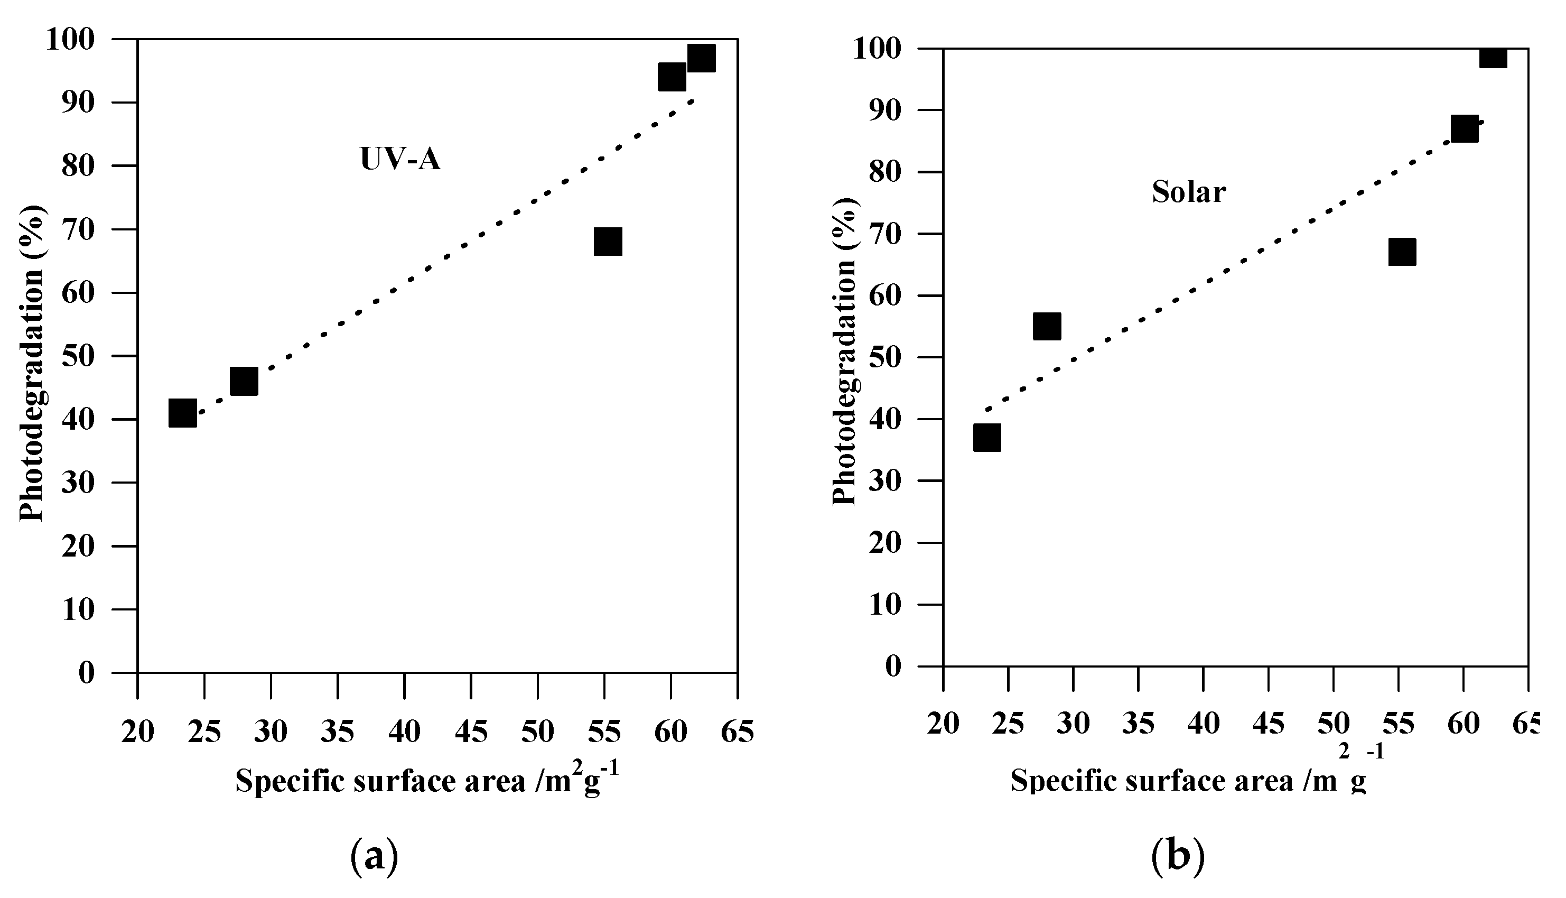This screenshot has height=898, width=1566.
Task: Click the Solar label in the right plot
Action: [1189, 192]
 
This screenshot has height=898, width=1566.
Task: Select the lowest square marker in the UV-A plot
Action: [182, 413]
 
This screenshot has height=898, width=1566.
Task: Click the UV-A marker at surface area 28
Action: [244, 381]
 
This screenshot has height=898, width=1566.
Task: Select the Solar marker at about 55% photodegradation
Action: [1047, 326]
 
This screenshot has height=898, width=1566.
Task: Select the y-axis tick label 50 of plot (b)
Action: [884, 358]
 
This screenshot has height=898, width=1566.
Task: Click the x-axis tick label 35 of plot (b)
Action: [1138, 724]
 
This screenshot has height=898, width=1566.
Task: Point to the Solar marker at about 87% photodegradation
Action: [1464, 129]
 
